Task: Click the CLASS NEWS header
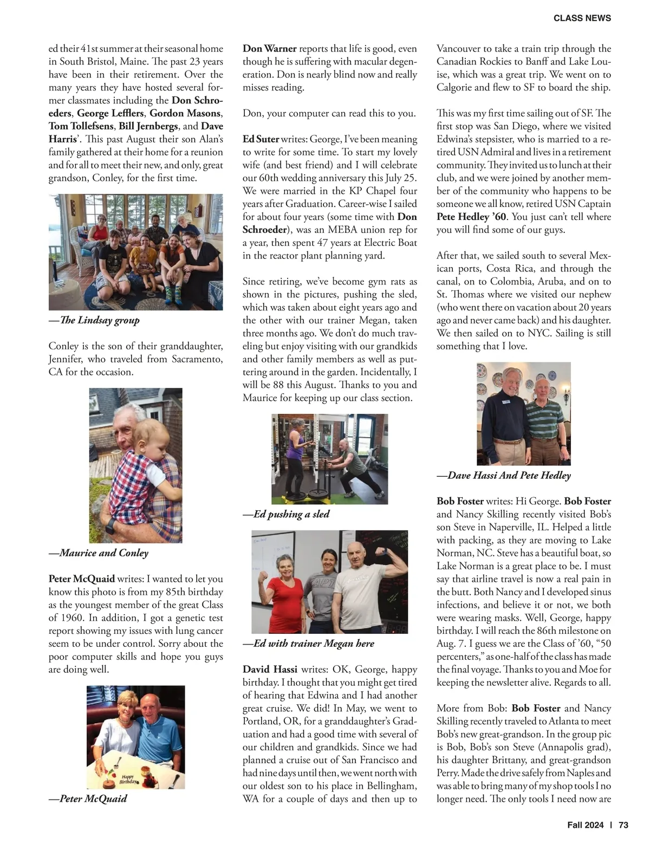[x=582, y=18]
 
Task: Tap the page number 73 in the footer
[x=623, y=825]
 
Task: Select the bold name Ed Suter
[x=261, y=139]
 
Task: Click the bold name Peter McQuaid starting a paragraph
[x=82, y=579]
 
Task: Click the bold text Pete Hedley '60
[x=471, y=217]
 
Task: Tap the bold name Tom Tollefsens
[x=81, y=126]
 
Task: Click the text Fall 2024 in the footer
[x=585, y=825]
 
